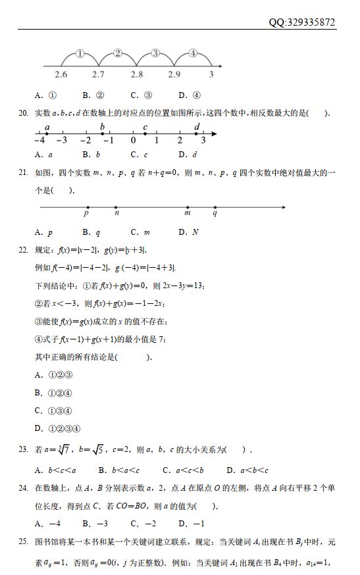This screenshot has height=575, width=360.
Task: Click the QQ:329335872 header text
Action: (x=302, y=22)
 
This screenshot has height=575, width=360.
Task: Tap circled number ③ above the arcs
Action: (x=155, y=53)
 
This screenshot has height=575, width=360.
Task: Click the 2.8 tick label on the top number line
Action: (x=137, y=75)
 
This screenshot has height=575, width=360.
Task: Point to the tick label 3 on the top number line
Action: (x=211, y=75)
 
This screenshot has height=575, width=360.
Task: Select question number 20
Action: (x=23, y=113)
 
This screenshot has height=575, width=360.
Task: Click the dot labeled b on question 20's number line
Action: (x=103, y=134)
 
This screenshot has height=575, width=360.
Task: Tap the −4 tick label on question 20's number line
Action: (x=39, y=140)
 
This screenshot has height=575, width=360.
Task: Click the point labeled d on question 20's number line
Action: (x=197, y=134)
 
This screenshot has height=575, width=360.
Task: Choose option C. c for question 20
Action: (x=139, y=155)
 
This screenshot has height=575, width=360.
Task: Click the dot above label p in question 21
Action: (x=88, y=208)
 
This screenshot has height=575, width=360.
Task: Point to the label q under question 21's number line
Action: (x=215, y=214)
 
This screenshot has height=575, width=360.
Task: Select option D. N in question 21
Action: (x=188, y=232)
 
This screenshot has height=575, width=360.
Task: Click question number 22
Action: (x=23, y=250)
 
